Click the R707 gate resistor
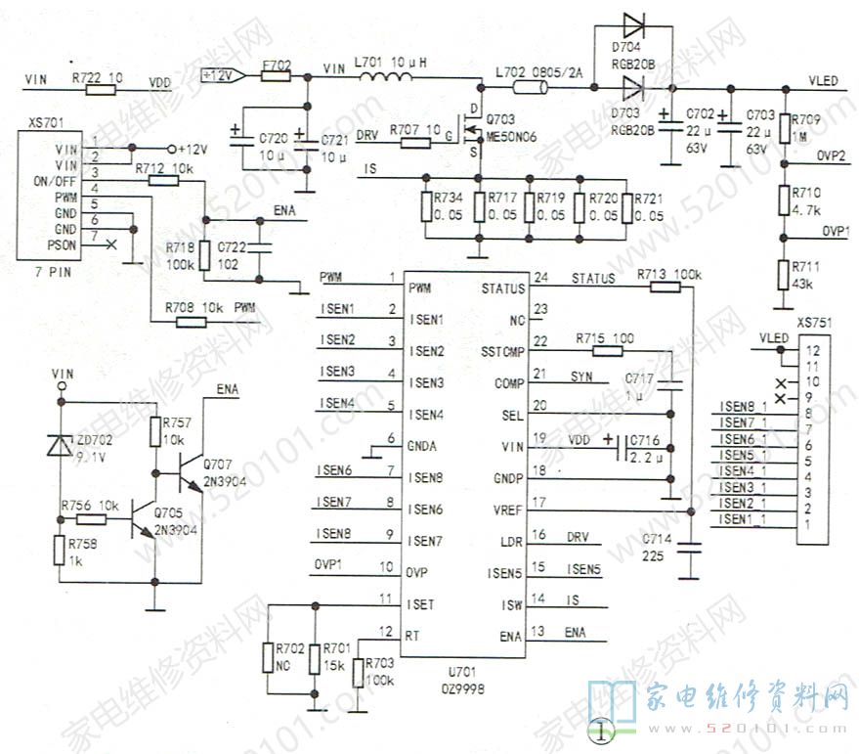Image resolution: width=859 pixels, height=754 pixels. tap(415, 143)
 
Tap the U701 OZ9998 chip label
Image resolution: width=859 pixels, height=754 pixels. tap(467, 681)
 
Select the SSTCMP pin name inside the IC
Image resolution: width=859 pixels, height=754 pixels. tap(503, 352)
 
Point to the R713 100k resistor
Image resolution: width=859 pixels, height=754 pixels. tap(665, 288)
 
